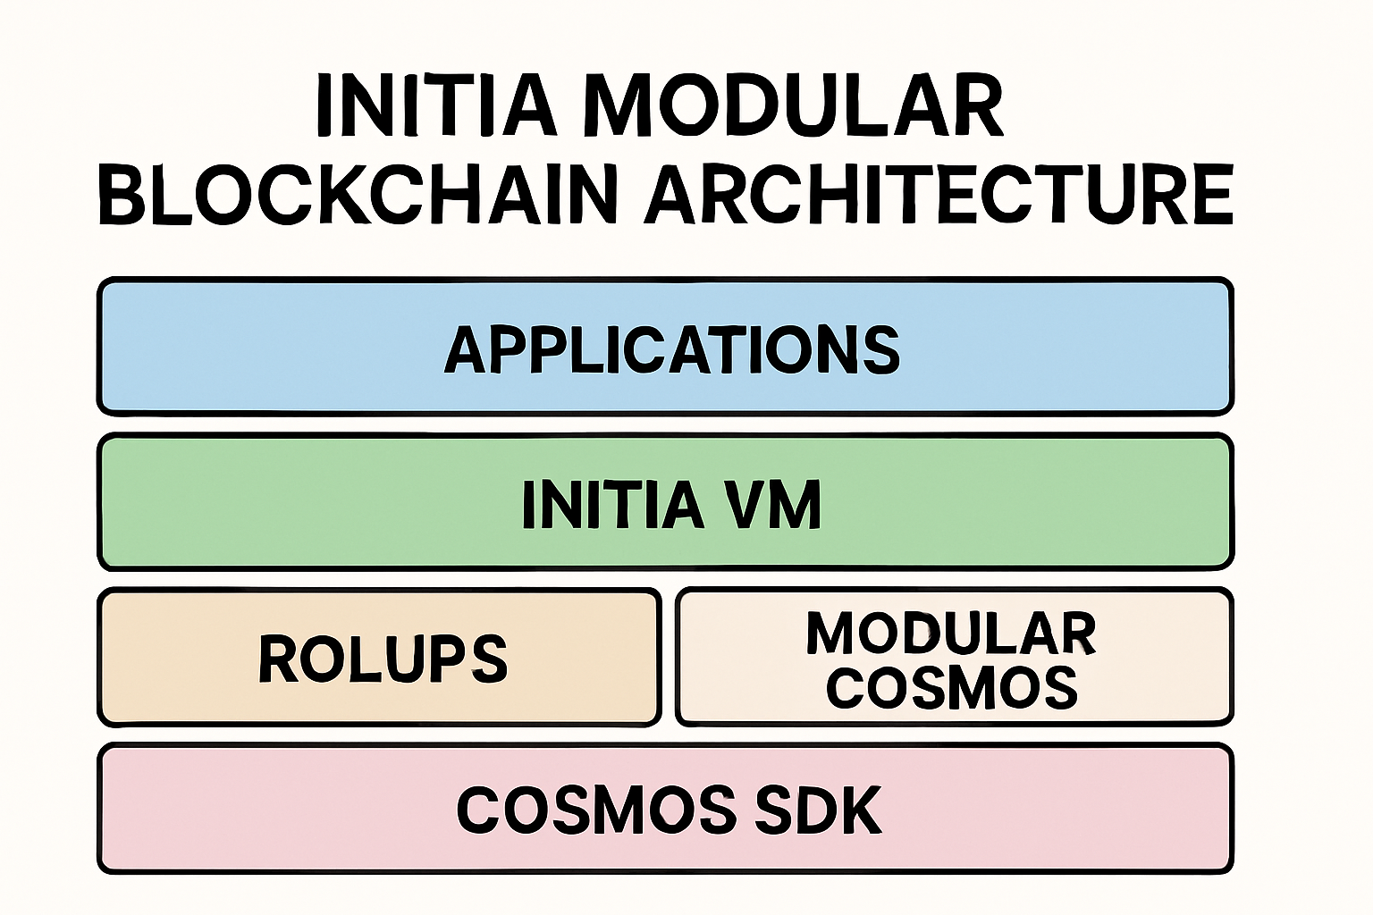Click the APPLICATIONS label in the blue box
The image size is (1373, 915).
click(671, 348)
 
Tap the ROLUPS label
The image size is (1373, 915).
click(383, 659)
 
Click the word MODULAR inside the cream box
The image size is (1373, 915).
click(951, 634)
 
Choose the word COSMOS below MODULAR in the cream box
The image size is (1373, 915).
click(951, 687)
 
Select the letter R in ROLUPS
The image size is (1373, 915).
click(276, 659)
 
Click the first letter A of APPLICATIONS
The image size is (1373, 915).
click(466, 348)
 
